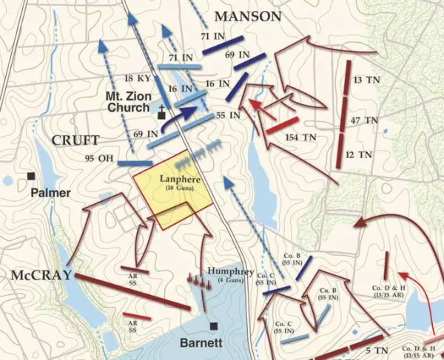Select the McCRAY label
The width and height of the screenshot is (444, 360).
(41, 275)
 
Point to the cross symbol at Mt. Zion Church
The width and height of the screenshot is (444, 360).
(161, 106)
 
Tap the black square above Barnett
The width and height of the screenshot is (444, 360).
(213, 325)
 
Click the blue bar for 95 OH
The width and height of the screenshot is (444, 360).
(135, 163)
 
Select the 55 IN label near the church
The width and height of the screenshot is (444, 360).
(227, 116)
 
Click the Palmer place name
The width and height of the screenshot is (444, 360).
(50, 193)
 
